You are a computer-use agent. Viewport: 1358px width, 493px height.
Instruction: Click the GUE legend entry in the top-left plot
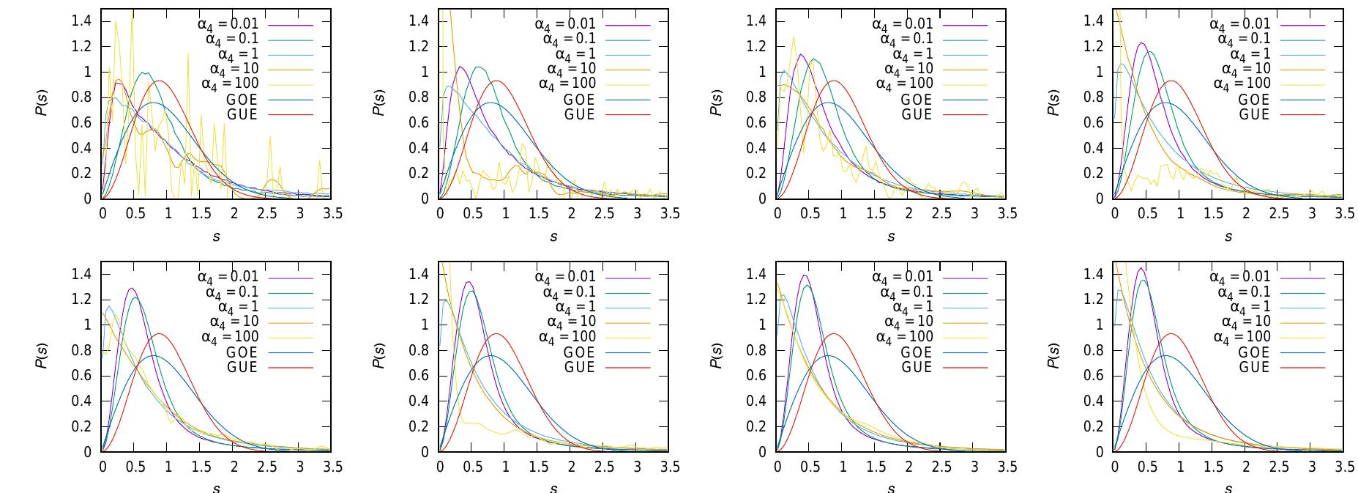click(x=243, y=115)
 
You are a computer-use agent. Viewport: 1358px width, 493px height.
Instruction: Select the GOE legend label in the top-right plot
click(x=1255, y=100)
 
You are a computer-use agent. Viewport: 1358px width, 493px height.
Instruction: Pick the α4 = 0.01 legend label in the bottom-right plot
click(x=1240, y=277)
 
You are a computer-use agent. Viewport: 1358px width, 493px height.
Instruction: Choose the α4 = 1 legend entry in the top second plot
click(x=575, y=54)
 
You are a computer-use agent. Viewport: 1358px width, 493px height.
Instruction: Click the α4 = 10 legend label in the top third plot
click(x=909, y=70)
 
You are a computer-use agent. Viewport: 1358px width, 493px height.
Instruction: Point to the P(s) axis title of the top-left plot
click(x=42, y=103)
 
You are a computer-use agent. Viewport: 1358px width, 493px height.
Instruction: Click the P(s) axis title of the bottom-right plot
click(x=1053, y=356)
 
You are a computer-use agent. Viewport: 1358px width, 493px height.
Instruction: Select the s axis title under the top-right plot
click(x=1228, y=237)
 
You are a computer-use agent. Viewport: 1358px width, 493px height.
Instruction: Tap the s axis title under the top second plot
click(x=553, y=237)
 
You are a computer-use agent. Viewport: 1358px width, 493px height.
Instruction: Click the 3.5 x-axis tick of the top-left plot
click(x=332, y=213)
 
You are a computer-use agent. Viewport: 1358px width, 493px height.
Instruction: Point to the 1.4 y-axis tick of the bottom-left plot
click(x=81, y=274)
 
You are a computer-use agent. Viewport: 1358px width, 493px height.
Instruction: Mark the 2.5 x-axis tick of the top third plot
click(x=941, y=213)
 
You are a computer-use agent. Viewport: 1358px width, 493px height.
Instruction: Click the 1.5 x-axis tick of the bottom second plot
click(x=538, y=467)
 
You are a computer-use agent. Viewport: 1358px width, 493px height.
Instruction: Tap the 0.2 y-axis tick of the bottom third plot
click(x=756, y=426)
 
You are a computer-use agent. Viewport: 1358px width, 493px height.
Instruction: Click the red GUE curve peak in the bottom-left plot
click(x=159, y=334)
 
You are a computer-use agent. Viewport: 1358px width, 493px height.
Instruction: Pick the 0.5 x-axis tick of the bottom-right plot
click(x=1147, y=467)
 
